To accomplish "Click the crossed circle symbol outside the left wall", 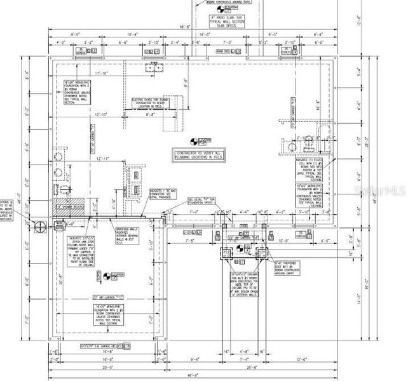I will (x=39, y=226).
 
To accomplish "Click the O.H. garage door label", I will (x=100, y=347).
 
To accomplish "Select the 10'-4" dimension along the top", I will (x=133, y=34).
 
